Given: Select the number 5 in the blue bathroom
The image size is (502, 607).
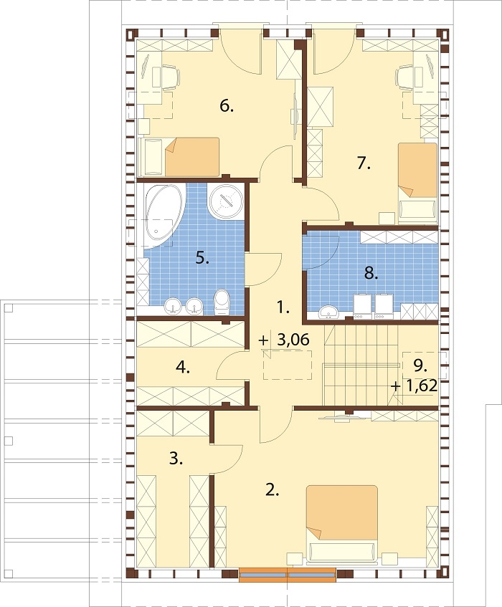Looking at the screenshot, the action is click(202, 258).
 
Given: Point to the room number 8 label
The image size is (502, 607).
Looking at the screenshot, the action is click(371, 274).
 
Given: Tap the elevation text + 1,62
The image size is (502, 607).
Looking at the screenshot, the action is click(414, 386).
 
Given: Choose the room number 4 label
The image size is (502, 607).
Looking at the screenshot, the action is click(183, 368).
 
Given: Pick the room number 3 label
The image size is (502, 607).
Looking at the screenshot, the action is click(176, 459).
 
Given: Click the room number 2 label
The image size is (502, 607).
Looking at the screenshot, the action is click(273, 490).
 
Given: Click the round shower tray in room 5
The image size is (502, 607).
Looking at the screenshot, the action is click(227, 201).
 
